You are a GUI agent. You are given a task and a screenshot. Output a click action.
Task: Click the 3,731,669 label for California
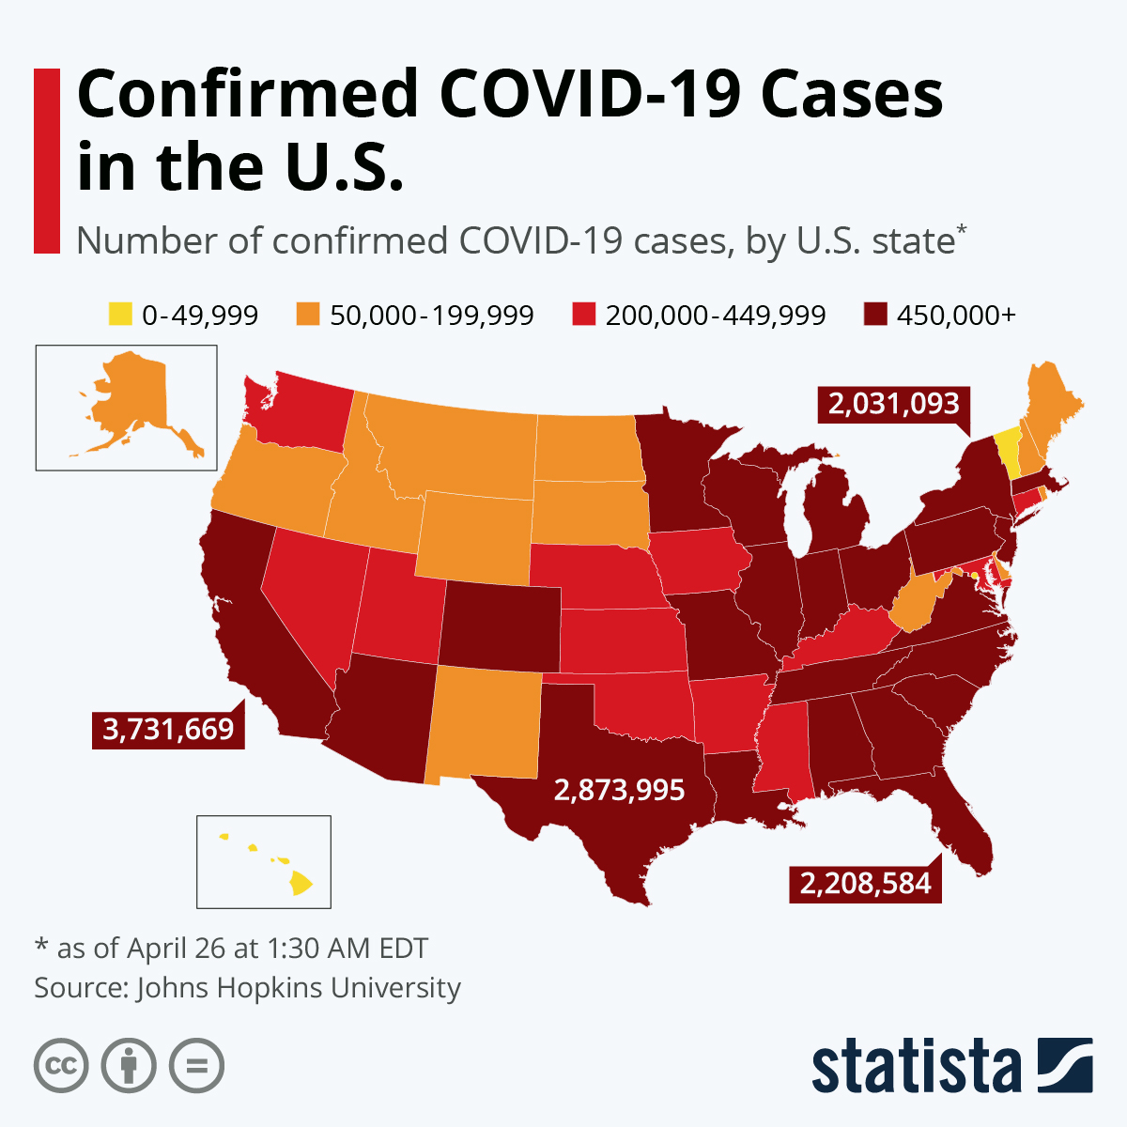[168, 729]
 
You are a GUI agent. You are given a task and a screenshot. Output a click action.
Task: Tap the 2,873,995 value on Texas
[619, 790]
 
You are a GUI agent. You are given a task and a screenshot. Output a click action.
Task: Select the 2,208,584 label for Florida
[865, 883]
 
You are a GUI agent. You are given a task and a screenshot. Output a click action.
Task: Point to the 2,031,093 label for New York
[893, 404]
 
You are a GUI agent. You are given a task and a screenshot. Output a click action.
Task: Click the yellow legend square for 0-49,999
[119, 315]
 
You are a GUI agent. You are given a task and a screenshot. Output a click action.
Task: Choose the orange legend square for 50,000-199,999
[307, 315]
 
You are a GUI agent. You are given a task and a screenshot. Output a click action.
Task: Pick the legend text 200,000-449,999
[716, 316]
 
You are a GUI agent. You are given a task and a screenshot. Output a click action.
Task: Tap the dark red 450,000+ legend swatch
[874, 315]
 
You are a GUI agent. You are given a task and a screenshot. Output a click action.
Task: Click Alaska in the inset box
[131, 399]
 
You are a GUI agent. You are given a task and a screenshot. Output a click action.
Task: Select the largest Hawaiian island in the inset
[301, 884]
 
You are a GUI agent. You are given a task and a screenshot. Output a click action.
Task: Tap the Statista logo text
[916, 1066]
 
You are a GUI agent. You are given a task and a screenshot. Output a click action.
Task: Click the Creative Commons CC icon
[61, 1066]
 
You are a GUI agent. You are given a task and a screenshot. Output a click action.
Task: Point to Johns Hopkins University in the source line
[299, 988]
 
